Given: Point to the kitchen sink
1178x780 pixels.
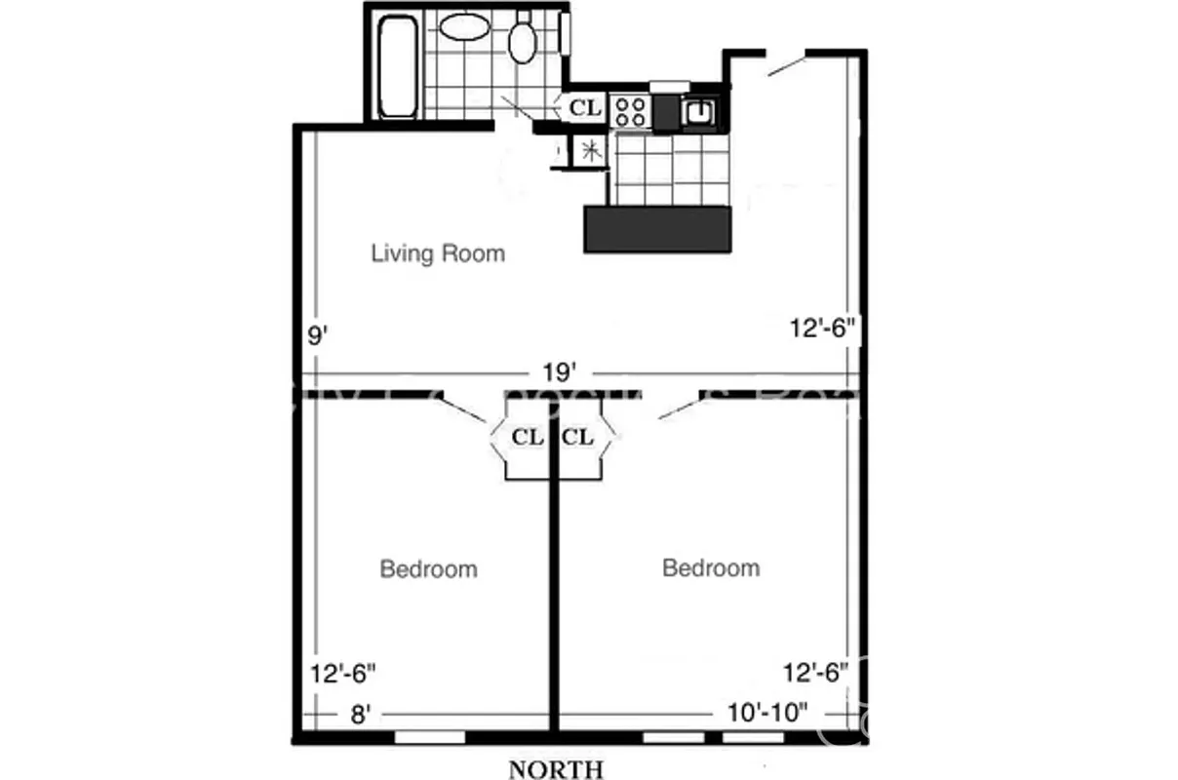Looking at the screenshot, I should tap(700, 113).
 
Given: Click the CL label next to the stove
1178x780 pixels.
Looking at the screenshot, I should tap(585, 107).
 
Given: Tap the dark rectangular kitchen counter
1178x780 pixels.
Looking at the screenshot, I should tap(656, 229).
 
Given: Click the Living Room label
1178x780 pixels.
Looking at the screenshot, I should tap(438, 254).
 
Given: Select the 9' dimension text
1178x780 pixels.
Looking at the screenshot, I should tap(317, 336).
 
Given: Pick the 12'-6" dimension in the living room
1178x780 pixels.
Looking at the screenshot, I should tap(822, 329).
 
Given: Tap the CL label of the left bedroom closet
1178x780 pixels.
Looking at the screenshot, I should tap(528, 437).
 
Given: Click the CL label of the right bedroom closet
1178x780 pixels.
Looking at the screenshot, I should tap(578, 437).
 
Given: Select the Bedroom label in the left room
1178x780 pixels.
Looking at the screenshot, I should tap(428, 568).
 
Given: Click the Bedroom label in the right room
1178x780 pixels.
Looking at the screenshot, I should tap(710, 567).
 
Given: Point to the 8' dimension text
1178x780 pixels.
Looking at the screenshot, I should tap(361, 715).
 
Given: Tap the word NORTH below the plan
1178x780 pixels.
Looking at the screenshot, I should tap(556, 769).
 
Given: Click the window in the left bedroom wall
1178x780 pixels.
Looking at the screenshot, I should tap(429, 738).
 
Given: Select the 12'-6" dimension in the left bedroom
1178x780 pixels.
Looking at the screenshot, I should tap(343, 673).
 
